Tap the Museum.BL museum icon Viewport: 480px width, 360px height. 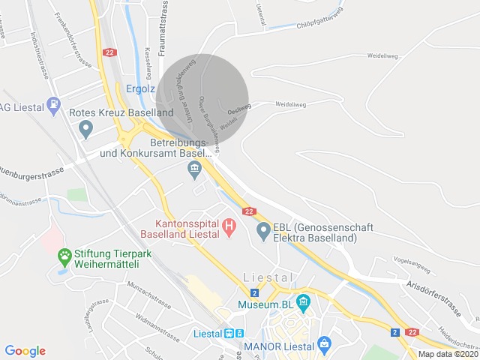[303, 304]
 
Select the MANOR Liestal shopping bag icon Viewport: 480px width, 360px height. [324, 346]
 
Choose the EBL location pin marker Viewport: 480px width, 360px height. [263, 232]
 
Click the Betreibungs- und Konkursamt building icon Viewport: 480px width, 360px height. [195, 170]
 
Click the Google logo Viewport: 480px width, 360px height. [25, 351]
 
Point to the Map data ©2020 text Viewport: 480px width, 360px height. [448, 354]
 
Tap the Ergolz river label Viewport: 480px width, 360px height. [140, 88]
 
